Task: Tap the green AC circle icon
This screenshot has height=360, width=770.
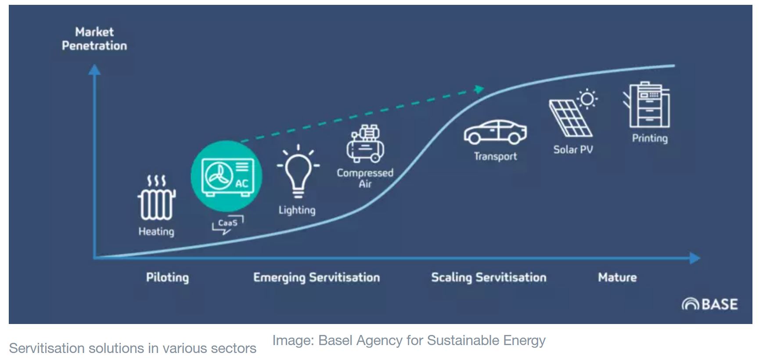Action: pyautogui.click(x=226, y=176)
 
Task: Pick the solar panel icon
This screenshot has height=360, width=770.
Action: pyautogui.click(x=570, y=118)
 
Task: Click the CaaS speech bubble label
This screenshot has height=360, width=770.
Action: pyautogui.click(x=227, y=225)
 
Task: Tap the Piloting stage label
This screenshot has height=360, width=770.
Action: pyautogui.click(x=167, y=277)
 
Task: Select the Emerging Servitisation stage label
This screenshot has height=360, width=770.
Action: pyautogui.click(x=317, y=277)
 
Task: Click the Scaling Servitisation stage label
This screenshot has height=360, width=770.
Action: pyautogui.click(x=489, y=277)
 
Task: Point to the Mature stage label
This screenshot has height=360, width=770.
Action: pyautogui.click(x=617, y=277)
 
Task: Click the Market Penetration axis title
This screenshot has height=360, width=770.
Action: pyautogui.click(x=94, y=39)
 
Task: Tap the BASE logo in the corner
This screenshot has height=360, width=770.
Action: pyautogui.click(x=709, y=304)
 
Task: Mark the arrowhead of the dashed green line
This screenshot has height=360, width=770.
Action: pyautogui.click(x=479, y=89)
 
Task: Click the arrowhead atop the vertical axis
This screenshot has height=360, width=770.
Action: pyautogui.click(x=94, y=69)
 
